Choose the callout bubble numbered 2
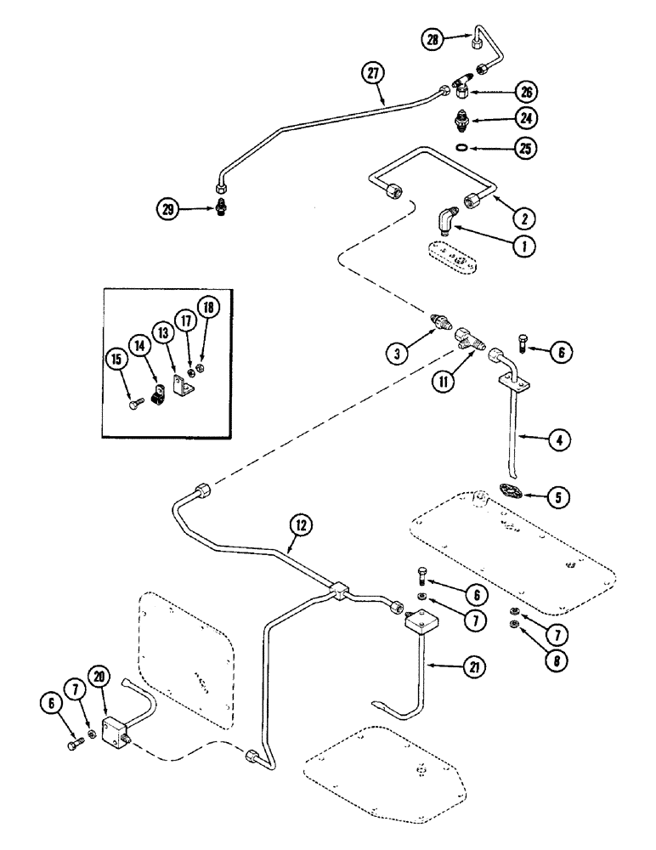pyautogui.click(x=524, y=218)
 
